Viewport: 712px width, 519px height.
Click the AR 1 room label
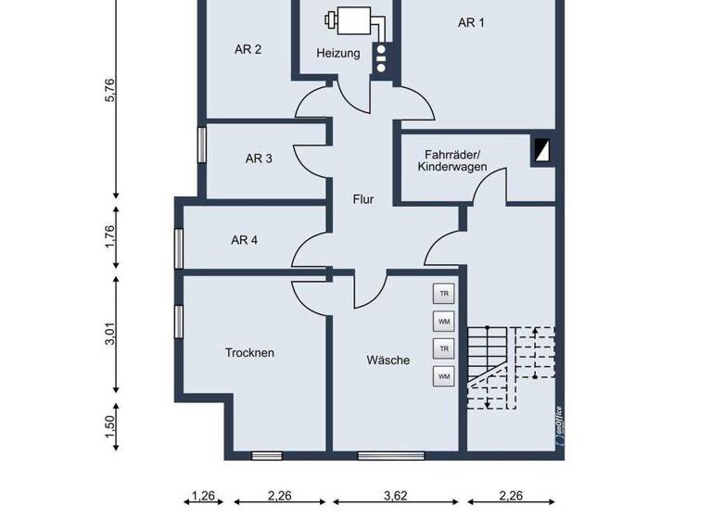click(471, 23)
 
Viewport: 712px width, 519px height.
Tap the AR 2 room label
click(247, 49)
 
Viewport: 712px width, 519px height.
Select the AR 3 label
click(259, 158)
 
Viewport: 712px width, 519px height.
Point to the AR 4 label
click(244, 240)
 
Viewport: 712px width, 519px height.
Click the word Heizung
click(337, 54)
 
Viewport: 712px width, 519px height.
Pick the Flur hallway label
click(362, 199)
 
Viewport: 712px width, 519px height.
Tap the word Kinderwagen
click(451, 167)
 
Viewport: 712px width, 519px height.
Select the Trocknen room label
click(249, 353)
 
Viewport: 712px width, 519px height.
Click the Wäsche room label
click(388, 361)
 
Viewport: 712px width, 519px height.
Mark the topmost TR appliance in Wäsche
click(444, 294)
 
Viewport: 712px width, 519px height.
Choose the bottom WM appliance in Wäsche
click(444, 376)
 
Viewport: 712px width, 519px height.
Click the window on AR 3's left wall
click(201, 146)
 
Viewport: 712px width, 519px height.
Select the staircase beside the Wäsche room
click(510, 367)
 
